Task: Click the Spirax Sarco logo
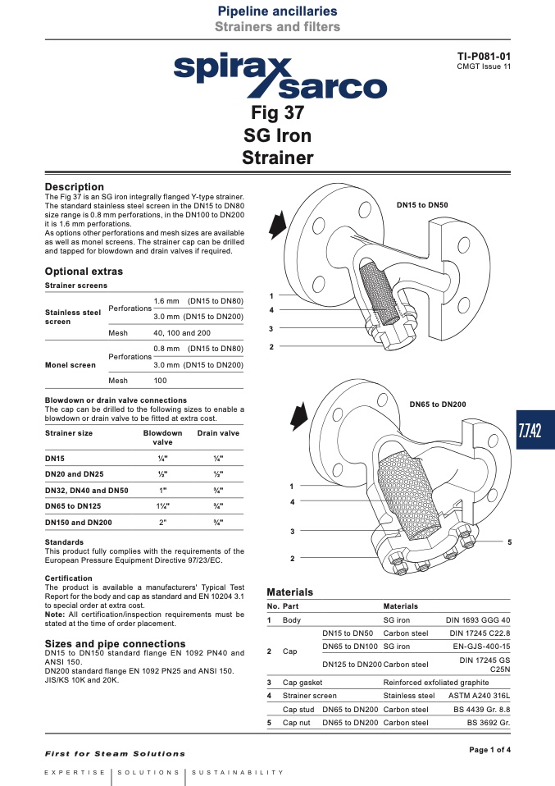(280, 75)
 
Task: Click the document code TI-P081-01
(484, 56)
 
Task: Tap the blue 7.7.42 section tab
(535, 430)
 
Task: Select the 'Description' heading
(74, 186)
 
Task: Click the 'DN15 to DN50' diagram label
(422, 205)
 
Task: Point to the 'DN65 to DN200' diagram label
(438, 404)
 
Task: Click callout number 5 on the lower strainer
(509, 542)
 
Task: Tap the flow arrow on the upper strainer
(277, 224)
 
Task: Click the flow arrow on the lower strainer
(299, 415)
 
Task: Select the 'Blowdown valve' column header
(163, 437)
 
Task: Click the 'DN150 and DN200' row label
(79, 523)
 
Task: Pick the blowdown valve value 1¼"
(163, 506)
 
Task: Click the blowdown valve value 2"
(163, 523)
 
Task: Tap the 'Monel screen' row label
(71, 365)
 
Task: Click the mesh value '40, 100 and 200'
(182, 333)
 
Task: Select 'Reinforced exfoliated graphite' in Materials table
(436, 683)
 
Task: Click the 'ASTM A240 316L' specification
(480, 696)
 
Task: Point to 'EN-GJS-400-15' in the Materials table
(481, 647)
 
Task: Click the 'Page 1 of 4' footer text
(490, 750)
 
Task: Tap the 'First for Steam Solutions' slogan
(115, 753)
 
